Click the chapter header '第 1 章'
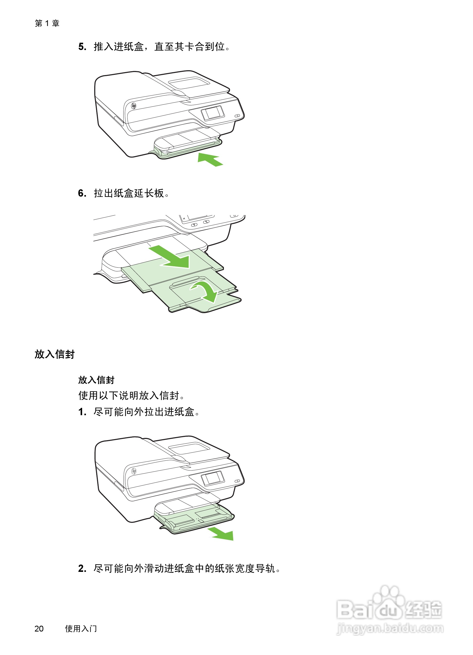[x=47, y=23]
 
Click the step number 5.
[x=82, y=47]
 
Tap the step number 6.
[x=82, y=193]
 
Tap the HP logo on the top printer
[x=133, y=106]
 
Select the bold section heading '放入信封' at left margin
[x=55, y=354]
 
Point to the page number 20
[x=39, y=629]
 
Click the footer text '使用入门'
[x=81, y=629]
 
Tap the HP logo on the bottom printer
[x=133, y=471]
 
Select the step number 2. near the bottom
[x=82, y=569]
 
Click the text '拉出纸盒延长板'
[x=129, y=193]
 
